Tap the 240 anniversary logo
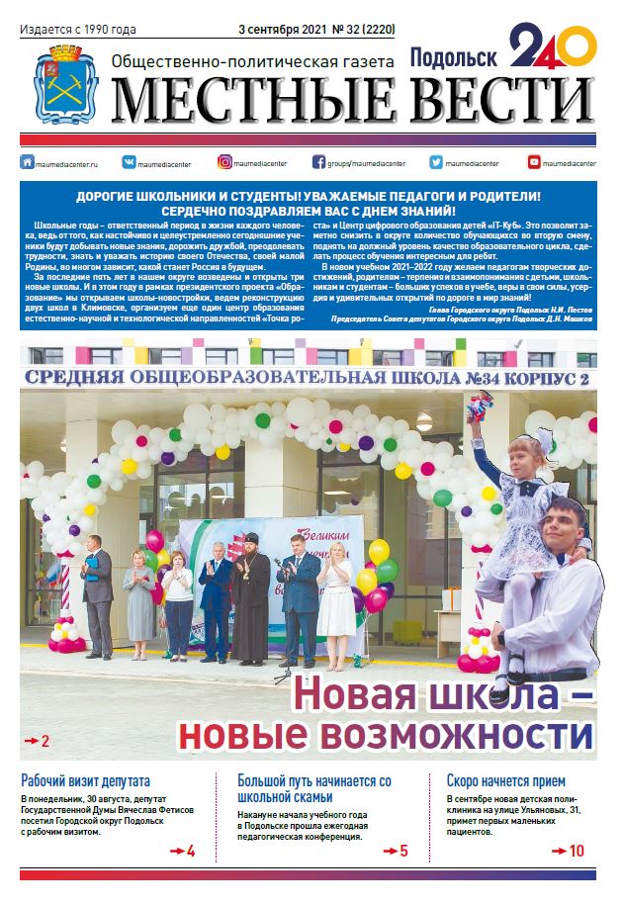[x=553, y=49]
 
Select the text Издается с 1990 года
[x=77, y=31]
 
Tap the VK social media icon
[x=129, y=161]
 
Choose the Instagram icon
[x=225, y=161]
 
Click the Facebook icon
[x=318, y=161]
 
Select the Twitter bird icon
[x=435, y=161]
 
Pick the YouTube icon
[x=534, y=161]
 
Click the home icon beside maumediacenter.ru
[x=28, y=161]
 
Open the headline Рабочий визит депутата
[x=86, y=779]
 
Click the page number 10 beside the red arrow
[x=577, y=850]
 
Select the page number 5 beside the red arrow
[x=403, y=851]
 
